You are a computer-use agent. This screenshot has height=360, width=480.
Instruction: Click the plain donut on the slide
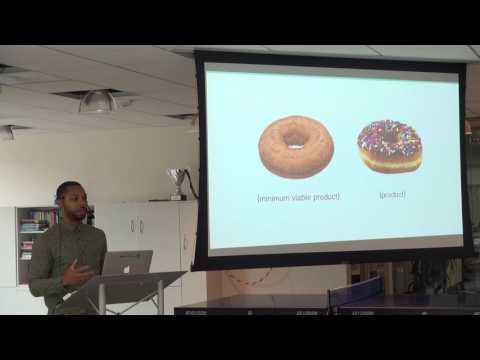[295, 147]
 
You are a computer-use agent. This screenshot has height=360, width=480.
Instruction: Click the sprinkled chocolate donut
[389, 146]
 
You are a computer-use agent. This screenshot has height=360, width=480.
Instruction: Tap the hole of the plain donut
[296, 136]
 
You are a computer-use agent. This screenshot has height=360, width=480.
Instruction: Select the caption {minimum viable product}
[298, 197]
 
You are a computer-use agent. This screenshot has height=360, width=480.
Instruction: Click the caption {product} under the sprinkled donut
[391, 195]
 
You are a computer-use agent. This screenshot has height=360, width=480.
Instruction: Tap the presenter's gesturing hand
[75, 273]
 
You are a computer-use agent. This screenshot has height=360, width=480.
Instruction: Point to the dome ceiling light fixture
[98, 102]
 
